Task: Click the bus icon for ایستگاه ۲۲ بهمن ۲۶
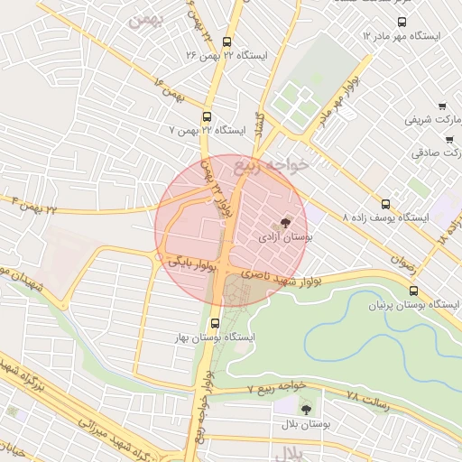[x=226, y=42]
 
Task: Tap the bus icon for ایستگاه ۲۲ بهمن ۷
[x=208, y=116]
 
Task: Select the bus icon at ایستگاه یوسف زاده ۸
[x=386, y=205]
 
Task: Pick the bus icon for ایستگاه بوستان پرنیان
[x=413, y=291]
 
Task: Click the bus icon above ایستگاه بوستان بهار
[x=214, y=322]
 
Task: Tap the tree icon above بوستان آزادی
[x=286, y=222]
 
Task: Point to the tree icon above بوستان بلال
[x=304, y=409]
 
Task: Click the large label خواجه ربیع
[x=271, y=165]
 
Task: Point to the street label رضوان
[x=402, y=258]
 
